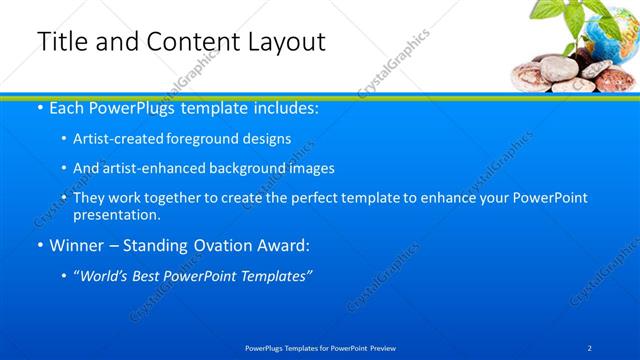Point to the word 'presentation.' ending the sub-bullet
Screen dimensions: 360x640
tap(116, 214)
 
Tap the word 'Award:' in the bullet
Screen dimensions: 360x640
tap(281, 245)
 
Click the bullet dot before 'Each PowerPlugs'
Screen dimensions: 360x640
tap(39, 109)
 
